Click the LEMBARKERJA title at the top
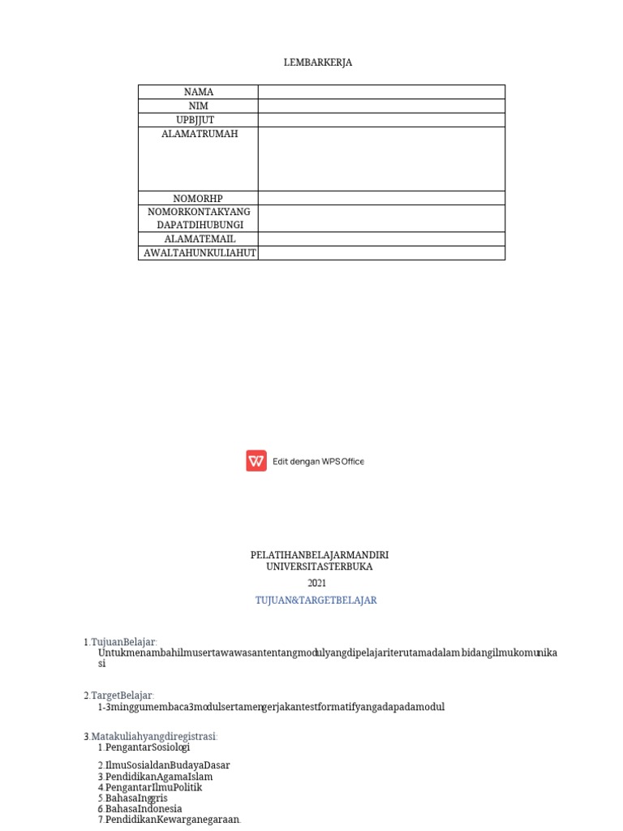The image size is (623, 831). [x=318, y=62]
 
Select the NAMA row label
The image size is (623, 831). [x=199, y=92]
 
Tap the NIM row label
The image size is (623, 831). [x=199, y=105]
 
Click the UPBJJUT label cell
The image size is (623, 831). [x=199, y=119]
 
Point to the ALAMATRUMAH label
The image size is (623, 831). [x=200, y=134]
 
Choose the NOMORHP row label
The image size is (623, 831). [x=198, y=198]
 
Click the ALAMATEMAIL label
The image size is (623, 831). [x=200, y=239]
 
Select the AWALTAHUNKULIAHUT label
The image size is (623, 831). [x=200, y=252]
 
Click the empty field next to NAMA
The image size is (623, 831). [x=381, y=92]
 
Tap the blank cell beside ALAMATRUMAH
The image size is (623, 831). [x=381, y=158]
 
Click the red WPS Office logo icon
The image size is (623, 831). [x=256, y=461]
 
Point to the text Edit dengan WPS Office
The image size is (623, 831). [x=318, y=461]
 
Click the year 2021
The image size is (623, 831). [x=316, y=583]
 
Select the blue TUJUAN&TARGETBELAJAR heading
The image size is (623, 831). [x=316, y=601]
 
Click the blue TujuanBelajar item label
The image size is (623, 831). [x=123, y=642]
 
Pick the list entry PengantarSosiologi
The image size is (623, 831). [x=147, y=747]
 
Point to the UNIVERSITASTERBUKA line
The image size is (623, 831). [x=319, y=566]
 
